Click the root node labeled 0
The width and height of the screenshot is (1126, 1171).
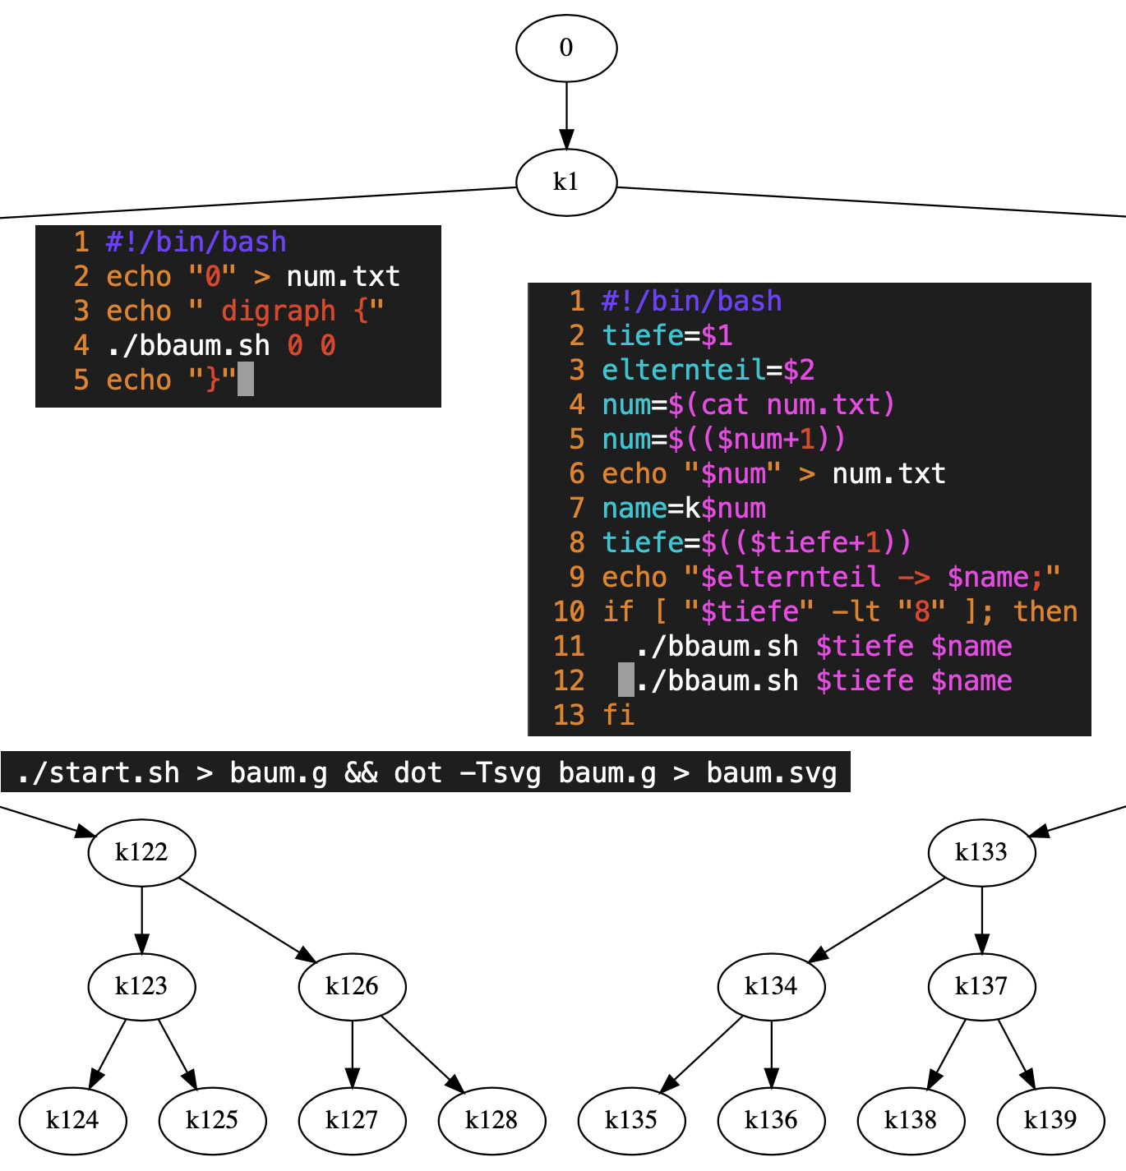click(x=566, y=48)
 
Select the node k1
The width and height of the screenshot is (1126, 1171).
click(x=566, y=182)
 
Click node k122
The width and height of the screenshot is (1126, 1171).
click(x=141, y=852)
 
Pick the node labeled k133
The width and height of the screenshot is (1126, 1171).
click(x=981, y=852)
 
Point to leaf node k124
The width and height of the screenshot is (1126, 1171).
click(x=72, y=1120)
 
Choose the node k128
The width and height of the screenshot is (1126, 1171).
click(x=491, y=1120)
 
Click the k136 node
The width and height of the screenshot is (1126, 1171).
click(x=771, y=1120)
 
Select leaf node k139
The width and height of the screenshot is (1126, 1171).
click(x=1050, y=1120)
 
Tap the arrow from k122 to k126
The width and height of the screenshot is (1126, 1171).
click(x=247, y=920)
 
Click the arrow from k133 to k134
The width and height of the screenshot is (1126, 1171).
click(x=877, y=920)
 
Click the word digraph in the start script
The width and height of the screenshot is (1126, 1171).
click(x=279, y=311)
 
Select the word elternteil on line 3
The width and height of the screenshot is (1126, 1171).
click(x=683, y=370)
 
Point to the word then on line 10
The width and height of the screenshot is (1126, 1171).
click(x=1045, y=611)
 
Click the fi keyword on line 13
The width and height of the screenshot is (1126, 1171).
click(x=618, y=715)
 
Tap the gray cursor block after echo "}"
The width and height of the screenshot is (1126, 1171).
click(x=246, y=380)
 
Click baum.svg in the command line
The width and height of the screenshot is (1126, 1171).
click(x=771, y=773)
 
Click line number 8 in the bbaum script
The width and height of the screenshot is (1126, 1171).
click(x=577, y=542)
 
